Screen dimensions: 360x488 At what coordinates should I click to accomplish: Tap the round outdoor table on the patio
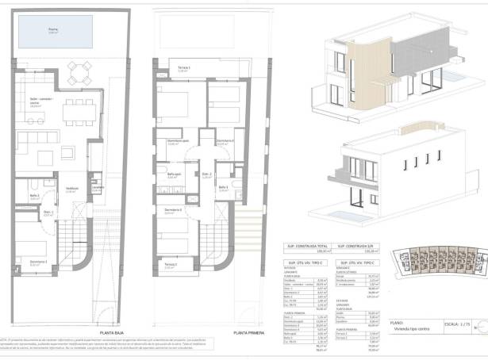click(x=77, y=79)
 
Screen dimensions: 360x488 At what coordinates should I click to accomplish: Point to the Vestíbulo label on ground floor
click(x=71, y=188)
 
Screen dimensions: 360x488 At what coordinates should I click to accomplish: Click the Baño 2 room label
click(x=35, y=195)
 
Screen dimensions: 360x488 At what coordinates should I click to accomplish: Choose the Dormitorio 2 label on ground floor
click(x=39, y=261)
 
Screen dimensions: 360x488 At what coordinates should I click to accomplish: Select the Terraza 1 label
click(x=183, y=68)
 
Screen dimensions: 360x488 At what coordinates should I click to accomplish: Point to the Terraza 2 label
click(x=171, y=264)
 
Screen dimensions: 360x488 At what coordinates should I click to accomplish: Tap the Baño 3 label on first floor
click(x=224, y=186)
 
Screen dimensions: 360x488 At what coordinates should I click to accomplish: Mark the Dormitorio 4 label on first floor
click(x=173, y=209)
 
